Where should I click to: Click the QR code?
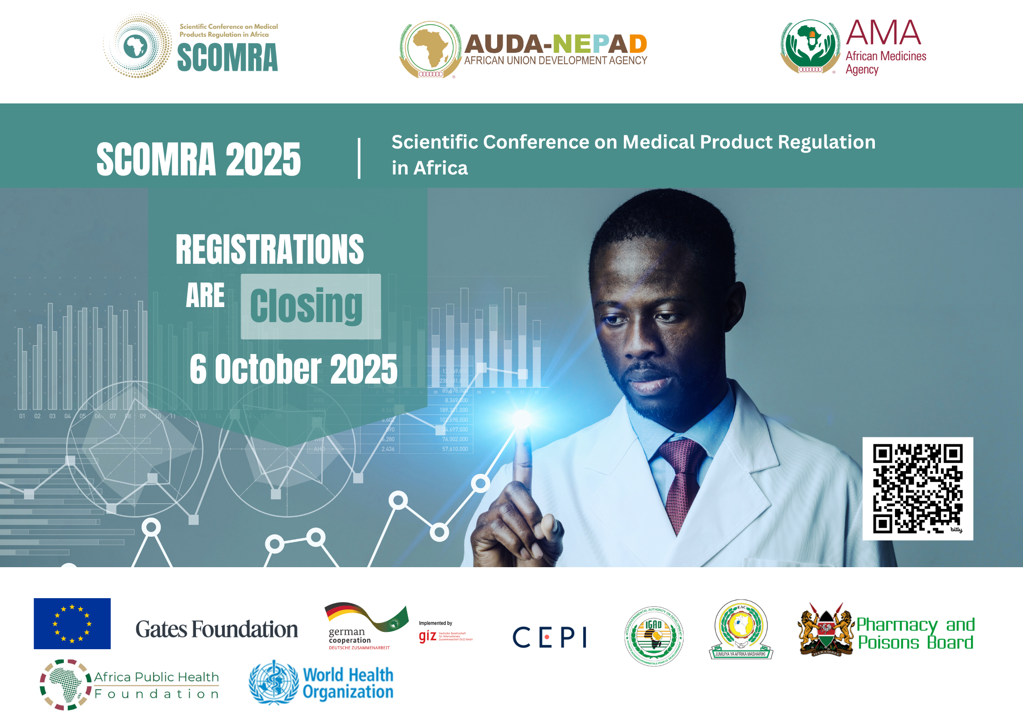click(917, 488)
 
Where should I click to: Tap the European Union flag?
click(72, 623)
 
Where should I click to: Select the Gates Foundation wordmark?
click(216, 629)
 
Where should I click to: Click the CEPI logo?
click(550, 637)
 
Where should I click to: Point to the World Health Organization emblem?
click(273, 682)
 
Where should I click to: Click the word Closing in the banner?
click(306, 306)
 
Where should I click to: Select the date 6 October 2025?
click(293, 369)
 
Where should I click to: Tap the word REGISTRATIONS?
click(270, 249)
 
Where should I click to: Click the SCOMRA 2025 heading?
click(199, 159)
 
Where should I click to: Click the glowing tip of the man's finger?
click(522, 418)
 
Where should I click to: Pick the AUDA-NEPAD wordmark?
click(556, 44)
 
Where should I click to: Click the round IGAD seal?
click(653, 636)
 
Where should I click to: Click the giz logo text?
click(427, 636)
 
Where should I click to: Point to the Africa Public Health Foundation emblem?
click(65, 685)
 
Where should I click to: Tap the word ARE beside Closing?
click(205, 296)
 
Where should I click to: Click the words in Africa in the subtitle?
click(430, 168)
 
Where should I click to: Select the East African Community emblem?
click(741, 629)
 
